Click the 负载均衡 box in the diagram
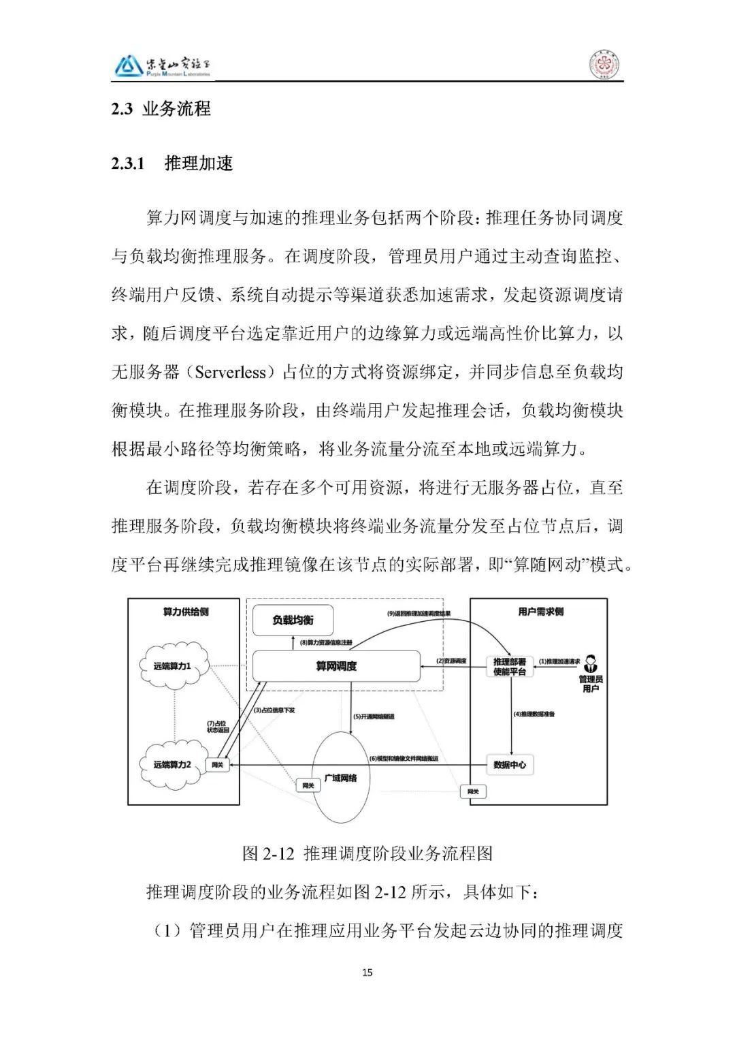click(293, 620)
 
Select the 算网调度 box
click(336, 666)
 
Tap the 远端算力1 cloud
click(171, 666)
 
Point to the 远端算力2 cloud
click(171, 765)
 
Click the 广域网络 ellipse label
click(340, 778)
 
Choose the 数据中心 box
click(510, 765)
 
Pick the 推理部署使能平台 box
click(510, 666)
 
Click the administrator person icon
click(590, 662)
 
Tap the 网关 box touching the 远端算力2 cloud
click(218, 766)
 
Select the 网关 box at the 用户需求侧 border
click(473, 791)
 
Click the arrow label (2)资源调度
click(451, 661)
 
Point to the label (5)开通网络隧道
click(374, 716)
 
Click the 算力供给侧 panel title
click(185, 612)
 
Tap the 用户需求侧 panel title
click(540, 612)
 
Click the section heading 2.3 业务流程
click(161, 109)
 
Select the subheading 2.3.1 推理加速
click(172, 163)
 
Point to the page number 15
click(367, 973)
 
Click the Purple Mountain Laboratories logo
click(162, 66)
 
